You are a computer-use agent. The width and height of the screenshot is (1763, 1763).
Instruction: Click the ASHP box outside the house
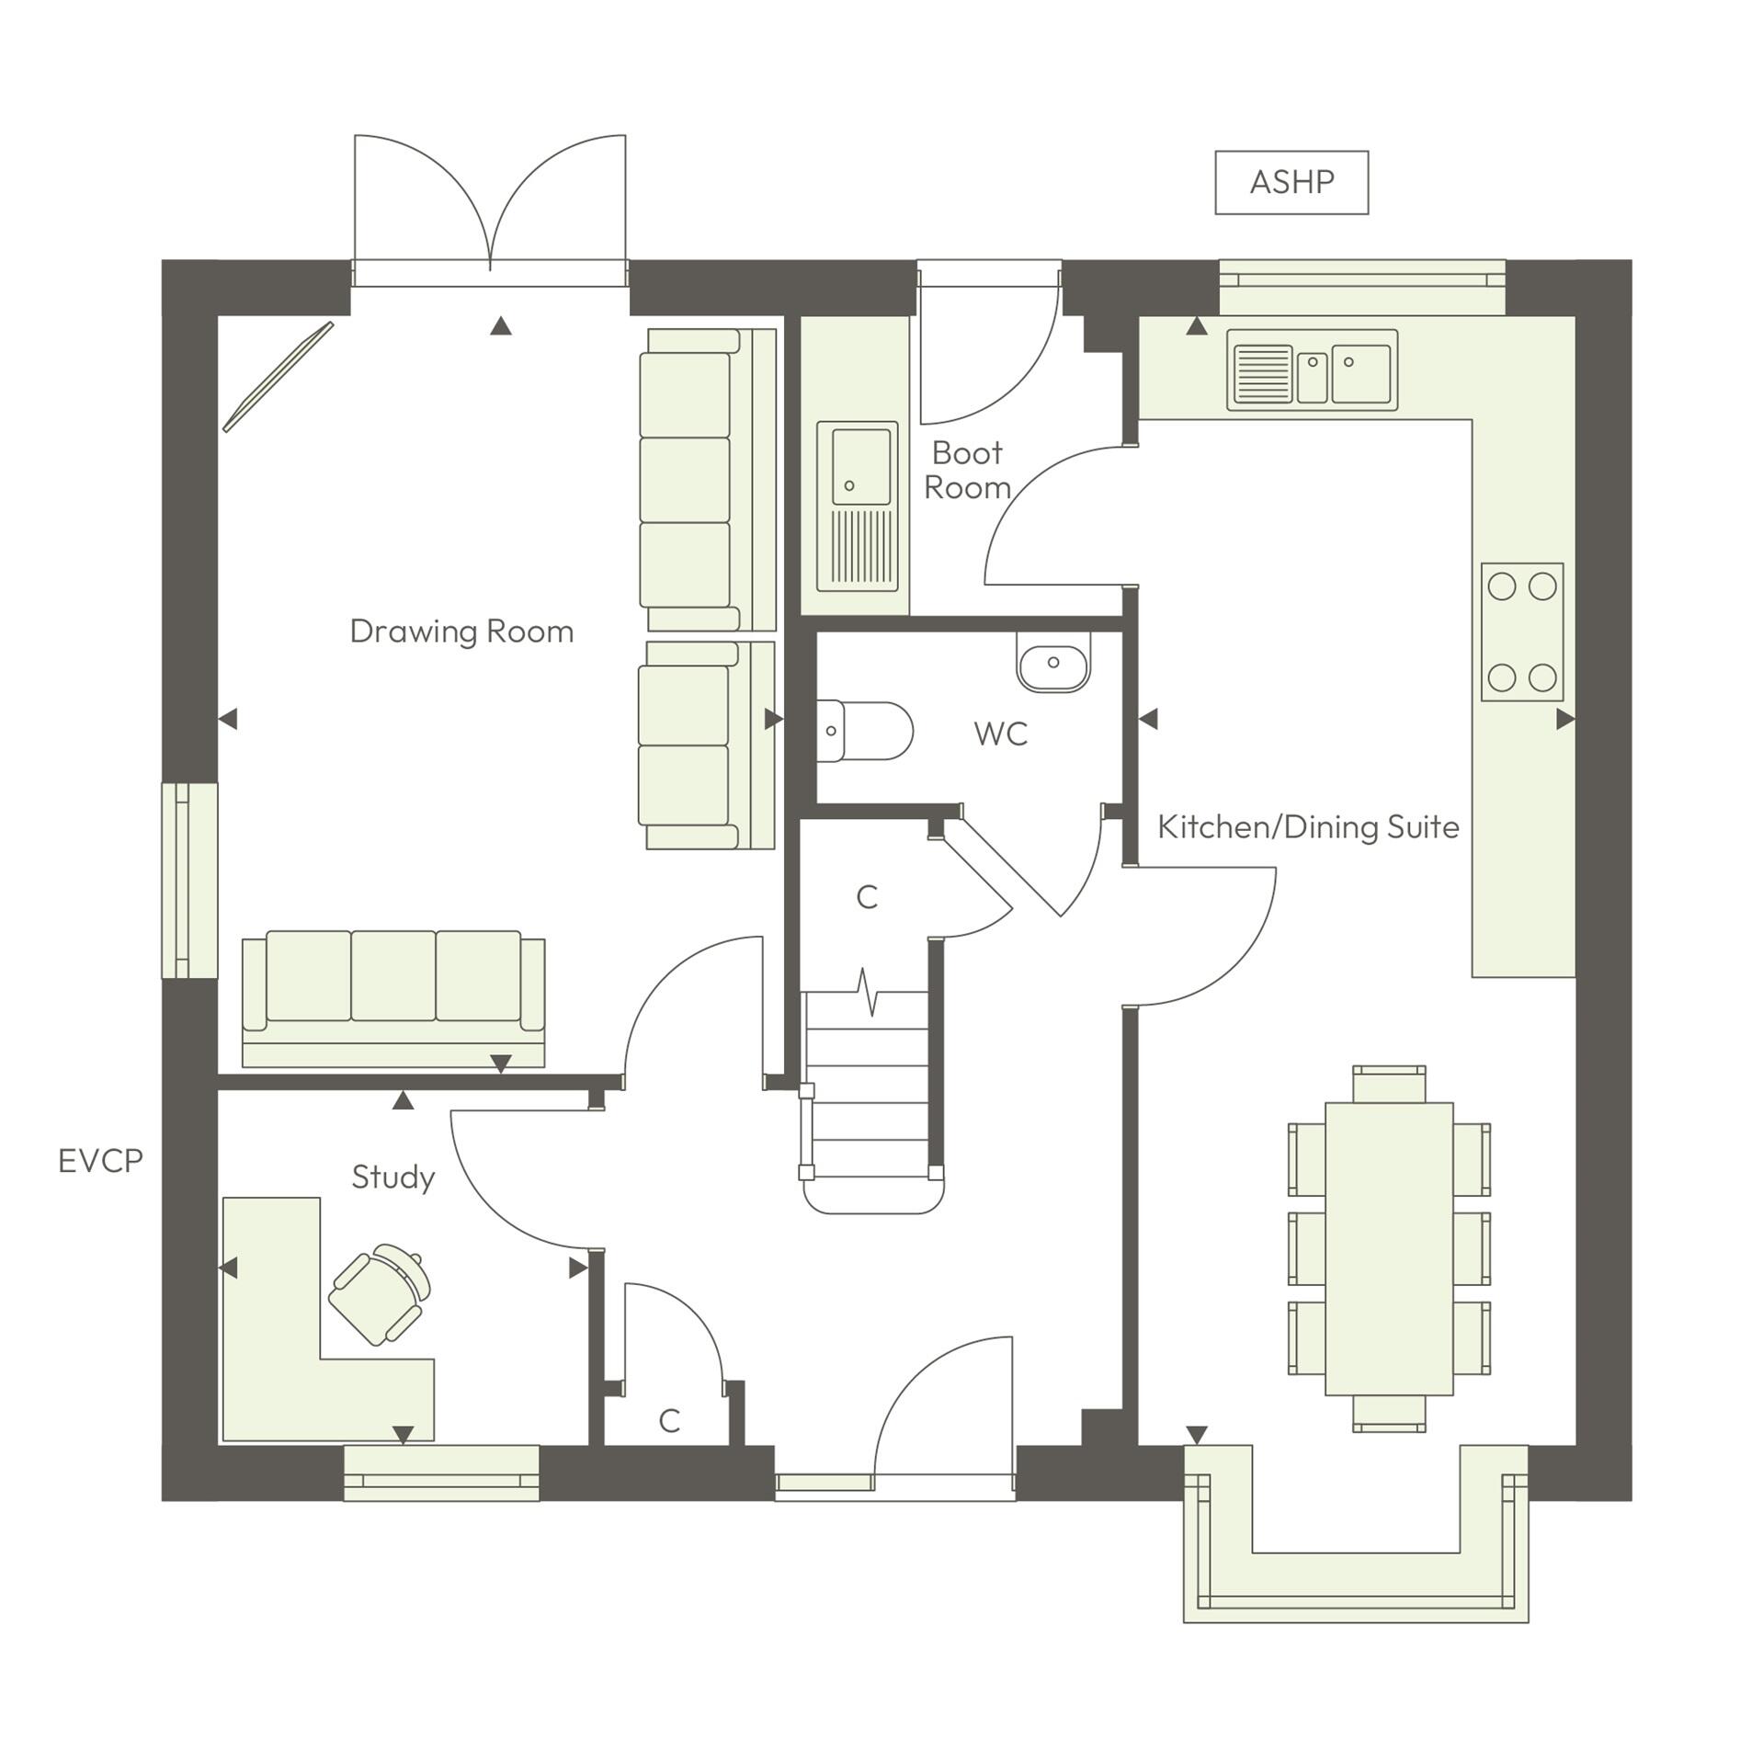tap(1291, 182)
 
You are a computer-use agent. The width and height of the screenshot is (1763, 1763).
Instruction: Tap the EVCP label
tap(100, 1161)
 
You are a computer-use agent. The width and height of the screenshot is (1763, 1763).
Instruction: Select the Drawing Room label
tap(461, 631)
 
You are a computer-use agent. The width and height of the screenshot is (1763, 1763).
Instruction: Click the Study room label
tap(392, 1177)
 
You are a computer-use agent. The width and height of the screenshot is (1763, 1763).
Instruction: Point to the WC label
tap(1000, 734)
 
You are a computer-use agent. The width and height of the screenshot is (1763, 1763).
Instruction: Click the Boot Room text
tap(966, 470)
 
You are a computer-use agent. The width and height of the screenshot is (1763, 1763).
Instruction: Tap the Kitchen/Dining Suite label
tap(1307, 827)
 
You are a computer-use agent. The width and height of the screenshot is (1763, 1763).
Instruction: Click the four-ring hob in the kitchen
tap(1521, 632)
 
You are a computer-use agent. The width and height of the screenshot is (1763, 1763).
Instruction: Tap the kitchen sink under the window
tap(1312, 370)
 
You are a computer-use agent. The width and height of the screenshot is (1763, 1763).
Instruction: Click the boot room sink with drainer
tap(857, 506)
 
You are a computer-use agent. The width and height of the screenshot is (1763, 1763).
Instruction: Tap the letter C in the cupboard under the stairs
tap(867, 897)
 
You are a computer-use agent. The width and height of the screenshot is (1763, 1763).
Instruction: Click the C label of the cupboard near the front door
tap(669, 1421)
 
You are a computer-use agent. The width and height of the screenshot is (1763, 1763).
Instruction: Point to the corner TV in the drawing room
tap(279, 375)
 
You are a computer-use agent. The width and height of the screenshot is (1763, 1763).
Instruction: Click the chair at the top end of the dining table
tap(1388, 1085)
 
